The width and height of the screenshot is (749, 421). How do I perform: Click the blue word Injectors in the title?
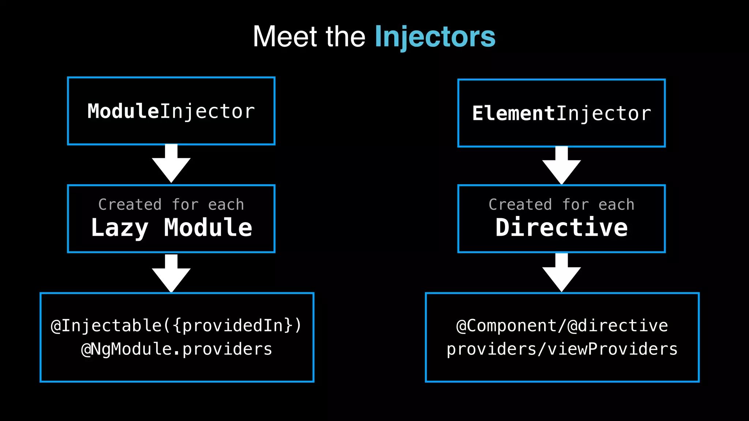[x=435, y=37]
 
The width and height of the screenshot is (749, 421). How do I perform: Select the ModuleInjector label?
[x=171, y=111]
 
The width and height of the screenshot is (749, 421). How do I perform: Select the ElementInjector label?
[x=561, y=114]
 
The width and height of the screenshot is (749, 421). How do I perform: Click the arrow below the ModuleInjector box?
[x=171, y=164]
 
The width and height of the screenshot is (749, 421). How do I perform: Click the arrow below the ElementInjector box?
[x=561, y=166]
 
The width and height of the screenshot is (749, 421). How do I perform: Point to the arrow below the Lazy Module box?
[x=171, y=274]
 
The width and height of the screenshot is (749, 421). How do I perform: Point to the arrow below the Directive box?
[x=561, y=273]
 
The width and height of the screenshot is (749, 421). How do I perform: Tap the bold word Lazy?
[x=120, y=228]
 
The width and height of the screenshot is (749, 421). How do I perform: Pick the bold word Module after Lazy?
[x=208, y=227]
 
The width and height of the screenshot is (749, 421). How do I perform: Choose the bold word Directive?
[x=561, y=227]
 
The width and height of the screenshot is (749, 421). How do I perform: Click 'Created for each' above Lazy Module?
[x=171, y=205]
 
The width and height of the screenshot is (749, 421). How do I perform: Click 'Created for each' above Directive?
[x=561, y=205]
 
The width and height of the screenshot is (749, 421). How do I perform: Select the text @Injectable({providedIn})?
[x=176, y=326]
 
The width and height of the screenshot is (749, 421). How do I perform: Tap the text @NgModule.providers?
[x=177, y=349]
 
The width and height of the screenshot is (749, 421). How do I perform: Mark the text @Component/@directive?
[x=562, y=326]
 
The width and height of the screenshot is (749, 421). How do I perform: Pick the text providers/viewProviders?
[x=562, y=349]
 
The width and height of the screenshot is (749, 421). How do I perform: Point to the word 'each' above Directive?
[x=616, y=205]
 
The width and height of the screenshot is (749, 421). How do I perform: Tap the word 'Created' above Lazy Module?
[x=130, y=205]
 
